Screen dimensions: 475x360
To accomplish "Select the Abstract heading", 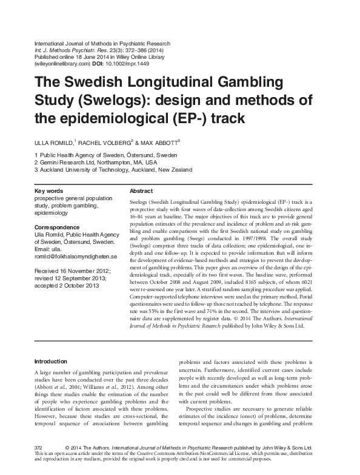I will pyautogui.click(x=142, y=190).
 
